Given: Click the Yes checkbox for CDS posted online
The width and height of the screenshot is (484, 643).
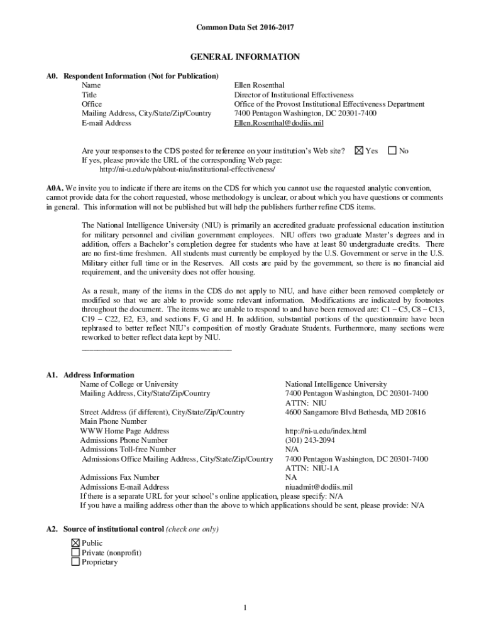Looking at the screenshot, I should point(360,151).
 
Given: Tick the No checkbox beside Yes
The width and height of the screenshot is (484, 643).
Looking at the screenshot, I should point(393,151).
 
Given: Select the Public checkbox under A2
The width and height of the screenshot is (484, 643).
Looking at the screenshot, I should point(75,543).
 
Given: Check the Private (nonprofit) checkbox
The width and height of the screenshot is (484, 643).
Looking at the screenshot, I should point(75,553).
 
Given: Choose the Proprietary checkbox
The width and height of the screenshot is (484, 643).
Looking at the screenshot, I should point(75,562).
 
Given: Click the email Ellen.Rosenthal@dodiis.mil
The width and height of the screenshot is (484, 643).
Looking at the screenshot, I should point(278,123).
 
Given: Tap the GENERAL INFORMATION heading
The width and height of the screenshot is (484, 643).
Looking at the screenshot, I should point(245,57).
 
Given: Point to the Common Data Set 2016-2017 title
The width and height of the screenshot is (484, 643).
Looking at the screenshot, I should point(245,28).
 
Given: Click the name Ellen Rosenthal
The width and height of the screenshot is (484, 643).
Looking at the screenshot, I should point(259,85).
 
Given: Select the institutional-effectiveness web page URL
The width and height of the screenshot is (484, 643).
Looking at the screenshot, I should point(187,170).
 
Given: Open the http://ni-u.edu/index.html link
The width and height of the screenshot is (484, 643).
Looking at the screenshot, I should point(325,431).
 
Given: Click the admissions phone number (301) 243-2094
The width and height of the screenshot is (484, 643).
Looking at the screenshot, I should point(310,441).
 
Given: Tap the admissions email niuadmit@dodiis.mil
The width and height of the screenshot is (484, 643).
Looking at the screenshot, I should point(319,487).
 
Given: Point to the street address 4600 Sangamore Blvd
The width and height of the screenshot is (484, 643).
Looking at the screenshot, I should point(355,413).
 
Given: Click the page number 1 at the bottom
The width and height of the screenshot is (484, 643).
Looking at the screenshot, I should point(245,607).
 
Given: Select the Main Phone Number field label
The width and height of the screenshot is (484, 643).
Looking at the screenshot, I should point(113,422).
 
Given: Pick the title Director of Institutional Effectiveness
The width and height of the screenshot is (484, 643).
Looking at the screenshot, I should point(294,94).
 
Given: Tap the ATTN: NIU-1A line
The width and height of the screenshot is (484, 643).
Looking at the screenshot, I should point(312,468).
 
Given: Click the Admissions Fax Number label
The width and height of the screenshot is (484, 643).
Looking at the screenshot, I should point(119,477).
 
